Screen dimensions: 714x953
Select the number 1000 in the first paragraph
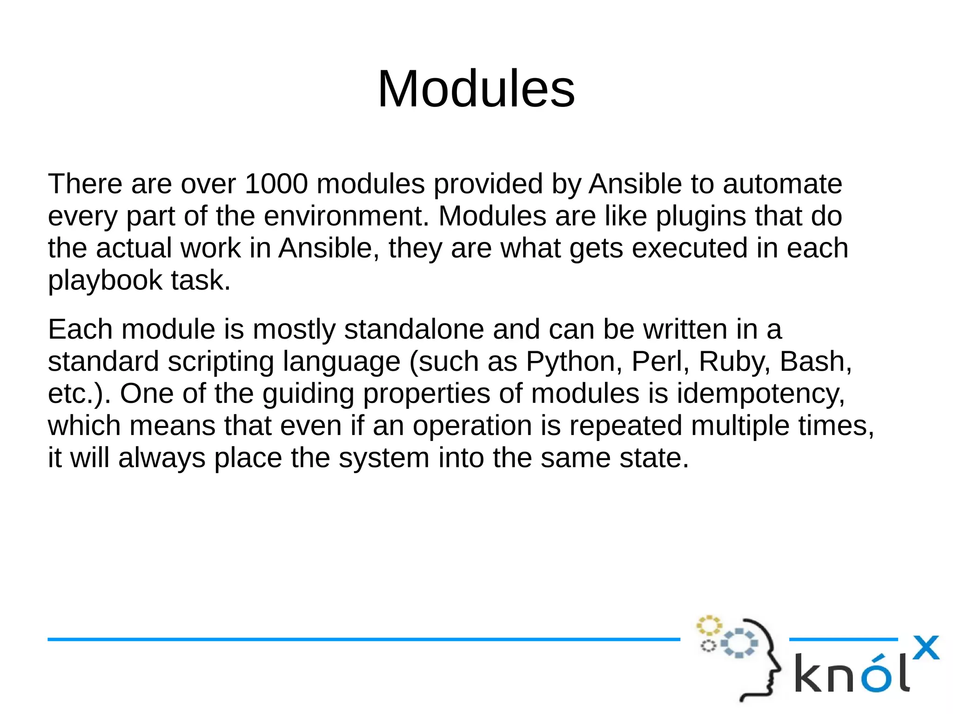click(276, 184)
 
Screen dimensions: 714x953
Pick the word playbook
click(105, 280)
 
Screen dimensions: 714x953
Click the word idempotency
click(760, 394)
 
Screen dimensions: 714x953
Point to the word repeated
click(625, 426)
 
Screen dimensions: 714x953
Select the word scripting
click(221, 361)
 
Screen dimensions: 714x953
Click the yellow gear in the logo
click(709, 626)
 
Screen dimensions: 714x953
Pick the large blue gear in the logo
click(739, 643)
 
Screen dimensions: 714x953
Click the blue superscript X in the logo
click(926, 648)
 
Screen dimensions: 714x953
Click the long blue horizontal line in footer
click(363, 640)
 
